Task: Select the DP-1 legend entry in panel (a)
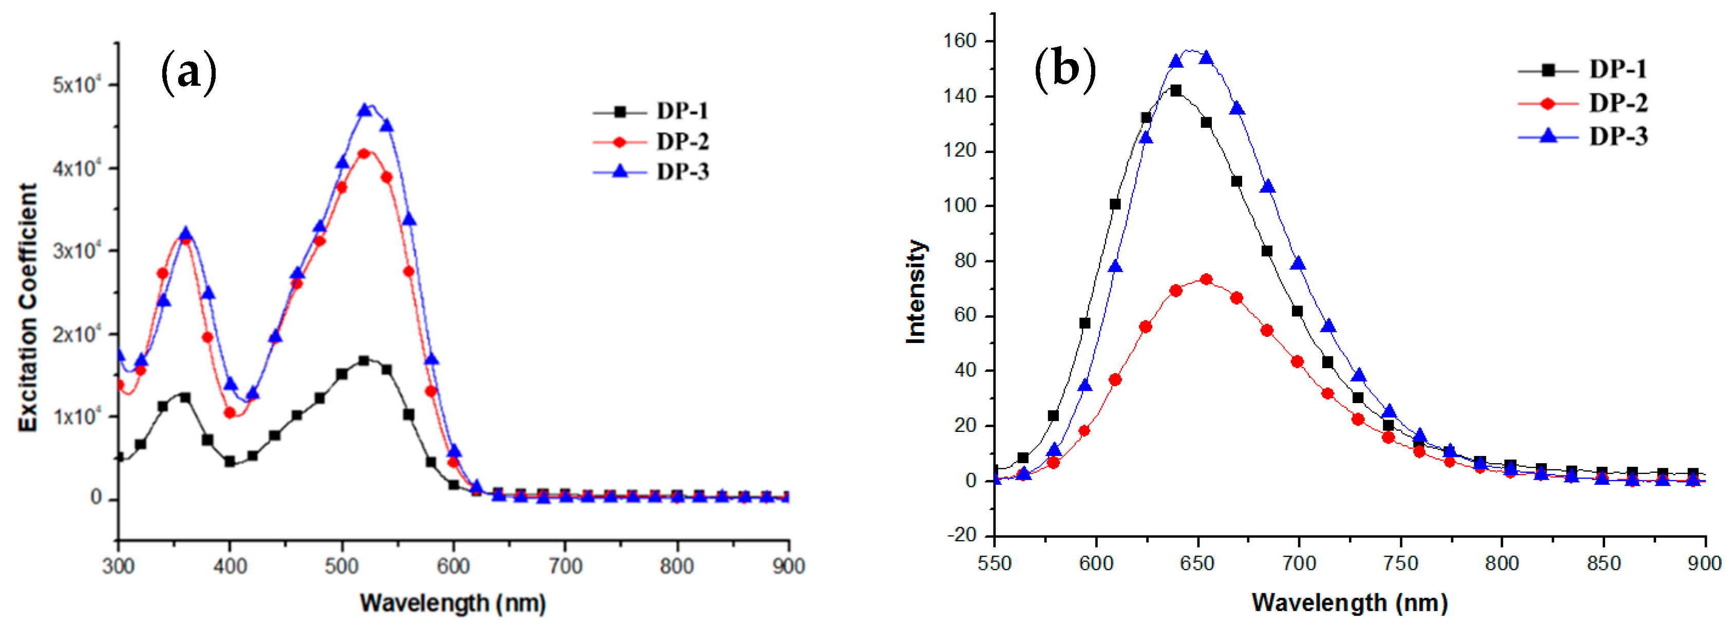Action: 681,111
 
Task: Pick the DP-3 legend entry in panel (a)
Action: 681,172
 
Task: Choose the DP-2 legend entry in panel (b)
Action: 1618,103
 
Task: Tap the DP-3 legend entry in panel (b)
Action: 1618,137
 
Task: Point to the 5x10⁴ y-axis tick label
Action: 77,85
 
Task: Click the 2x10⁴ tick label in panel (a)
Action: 77,334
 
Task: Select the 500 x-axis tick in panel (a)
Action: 341,566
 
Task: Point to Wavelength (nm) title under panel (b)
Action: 1349,602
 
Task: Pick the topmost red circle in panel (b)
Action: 1206,279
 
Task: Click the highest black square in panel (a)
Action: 364,361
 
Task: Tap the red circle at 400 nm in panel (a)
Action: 230,413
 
